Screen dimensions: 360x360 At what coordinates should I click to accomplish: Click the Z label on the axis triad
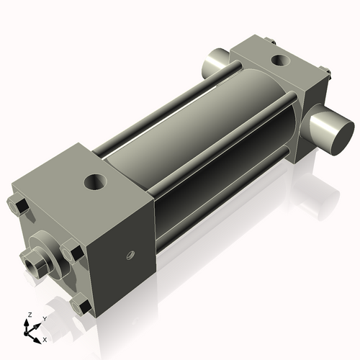pyautogui.click(x=30, y=315)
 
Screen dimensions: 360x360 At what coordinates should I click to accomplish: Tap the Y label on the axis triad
pyautogui.click(x=45, y=319)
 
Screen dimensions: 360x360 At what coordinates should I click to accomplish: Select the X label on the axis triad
pyautogui.click(x=45, y=340)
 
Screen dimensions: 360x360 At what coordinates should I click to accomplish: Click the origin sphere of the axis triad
pyautogui.click(x=26, y=333)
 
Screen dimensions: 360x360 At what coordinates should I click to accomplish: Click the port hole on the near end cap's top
pyautogui.click(x=95, y=182)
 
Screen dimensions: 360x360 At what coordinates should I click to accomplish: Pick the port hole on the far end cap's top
pyautogui.click(x=281, y=60)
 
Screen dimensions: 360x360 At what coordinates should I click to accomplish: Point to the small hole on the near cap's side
pyautogui.click(x=130, y=255)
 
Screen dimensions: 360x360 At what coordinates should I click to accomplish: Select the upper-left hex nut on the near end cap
pyautogui.click(x=18, y=207)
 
